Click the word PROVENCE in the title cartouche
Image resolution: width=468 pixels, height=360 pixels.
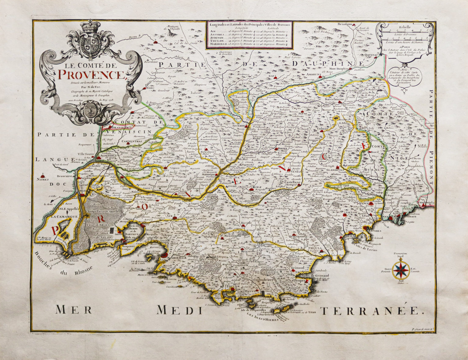(x=91, y=74)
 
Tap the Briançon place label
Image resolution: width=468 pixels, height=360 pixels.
(x=345, y=24)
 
